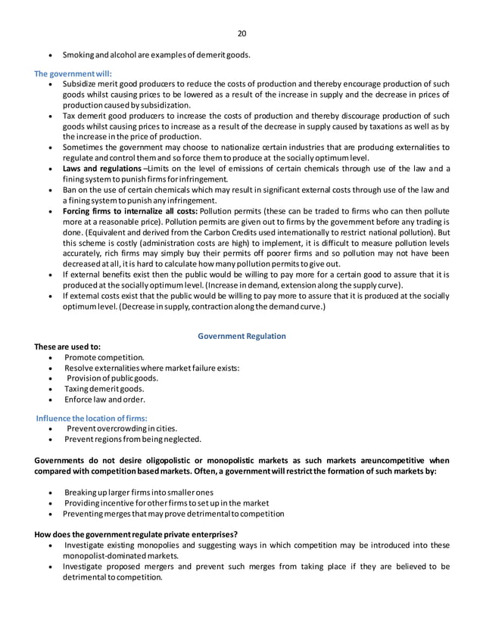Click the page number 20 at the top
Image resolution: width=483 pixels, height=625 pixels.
pyautogui.click(x=241, y=33)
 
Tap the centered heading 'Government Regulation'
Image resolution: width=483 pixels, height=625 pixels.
pyautogui.click(x=241, y=335)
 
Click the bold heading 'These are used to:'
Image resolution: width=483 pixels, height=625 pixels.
pyautogui.click(x=67, y=347)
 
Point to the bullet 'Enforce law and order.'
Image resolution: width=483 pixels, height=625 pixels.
pyautogui.click(x=104, y=399)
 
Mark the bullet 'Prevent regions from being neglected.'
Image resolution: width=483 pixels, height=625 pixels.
pyautogui.click(x=132, y=439)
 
